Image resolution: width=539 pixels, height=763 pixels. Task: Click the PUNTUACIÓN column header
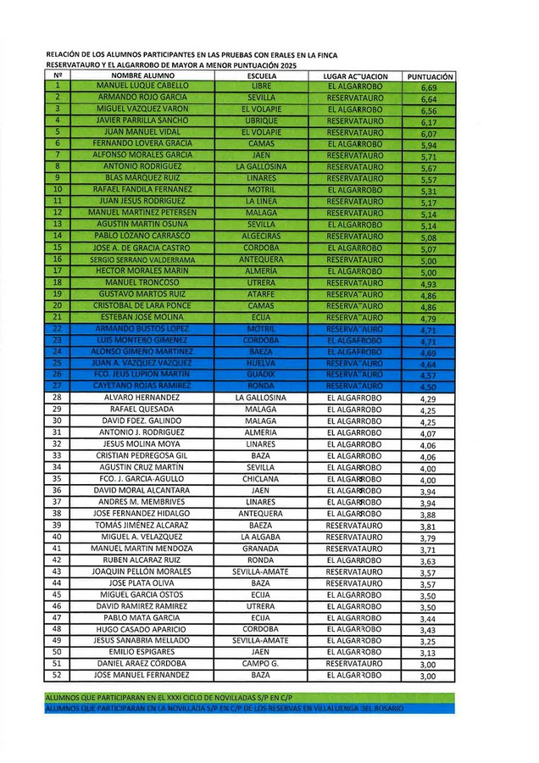[430, 76]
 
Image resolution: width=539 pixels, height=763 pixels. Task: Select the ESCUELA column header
[261, 76]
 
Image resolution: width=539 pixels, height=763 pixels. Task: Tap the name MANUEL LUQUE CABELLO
[142, 86]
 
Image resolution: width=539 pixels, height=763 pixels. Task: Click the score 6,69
[428, 87]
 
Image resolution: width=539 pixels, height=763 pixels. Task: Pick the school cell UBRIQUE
[261, 121]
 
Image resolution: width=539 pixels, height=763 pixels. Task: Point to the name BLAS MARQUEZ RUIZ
[142, 179]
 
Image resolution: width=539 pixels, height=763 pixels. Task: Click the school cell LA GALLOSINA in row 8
[261, 167]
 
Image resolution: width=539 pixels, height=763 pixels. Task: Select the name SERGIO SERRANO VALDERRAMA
[142, 259]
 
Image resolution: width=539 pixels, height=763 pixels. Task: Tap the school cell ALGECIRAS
[261, 237]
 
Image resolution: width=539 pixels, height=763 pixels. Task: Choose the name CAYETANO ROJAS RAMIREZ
[142, 386]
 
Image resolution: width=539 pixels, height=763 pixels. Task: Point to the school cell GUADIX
[261, 374]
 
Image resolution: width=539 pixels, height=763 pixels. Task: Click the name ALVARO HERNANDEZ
[142, 398]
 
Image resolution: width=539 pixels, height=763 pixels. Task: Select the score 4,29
[428, 398]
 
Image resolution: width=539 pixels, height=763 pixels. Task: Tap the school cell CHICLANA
[261, 479]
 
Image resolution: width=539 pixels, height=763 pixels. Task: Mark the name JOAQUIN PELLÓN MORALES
[142, 571]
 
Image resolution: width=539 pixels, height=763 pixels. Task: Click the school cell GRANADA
[261, 549]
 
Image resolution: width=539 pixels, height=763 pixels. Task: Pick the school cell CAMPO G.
[261, 664]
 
